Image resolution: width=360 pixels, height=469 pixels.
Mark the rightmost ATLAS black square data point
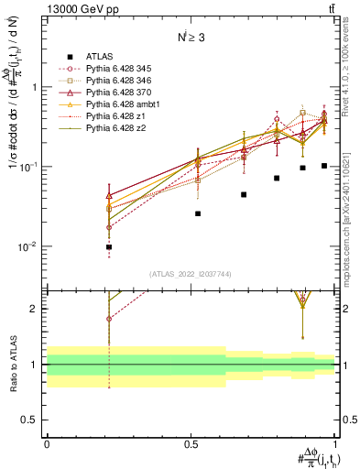coord(324,166)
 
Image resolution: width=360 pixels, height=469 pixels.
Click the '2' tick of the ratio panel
coord(37,309)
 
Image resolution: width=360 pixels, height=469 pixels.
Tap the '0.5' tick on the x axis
coord(191,443)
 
